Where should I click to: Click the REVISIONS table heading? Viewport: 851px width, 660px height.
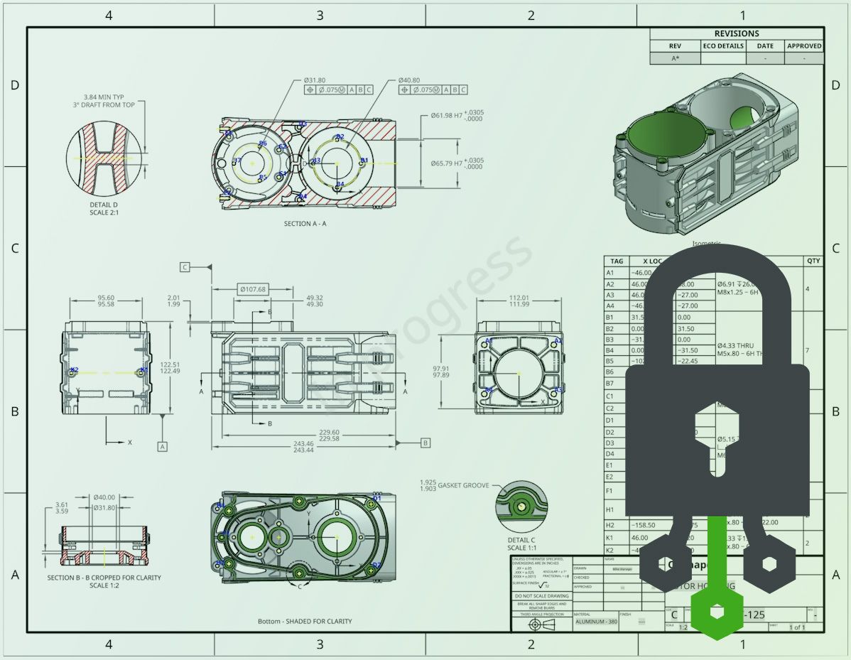(737, 33)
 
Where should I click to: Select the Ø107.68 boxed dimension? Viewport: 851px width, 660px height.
(252, 289)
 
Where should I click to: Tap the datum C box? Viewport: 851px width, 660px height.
(185, 267)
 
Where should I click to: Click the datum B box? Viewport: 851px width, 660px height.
(425, 443)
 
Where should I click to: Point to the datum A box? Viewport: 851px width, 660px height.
(163, 446)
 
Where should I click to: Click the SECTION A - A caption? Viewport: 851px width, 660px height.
(305, 224)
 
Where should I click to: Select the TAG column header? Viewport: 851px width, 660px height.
(616, 261)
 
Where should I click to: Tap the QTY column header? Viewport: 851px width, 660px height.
(813, 261)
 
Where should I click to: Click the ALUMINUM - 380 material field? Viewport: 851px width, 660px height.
(593, 622)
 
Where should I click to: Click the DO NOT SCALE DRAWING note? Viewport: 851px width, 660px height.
(541, 596)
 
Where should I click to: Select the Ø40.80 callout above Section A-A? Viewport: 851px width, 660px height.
(408, 80)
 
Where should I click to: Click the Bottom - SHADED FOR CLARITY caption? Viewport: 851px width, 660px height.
(305, 621)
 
